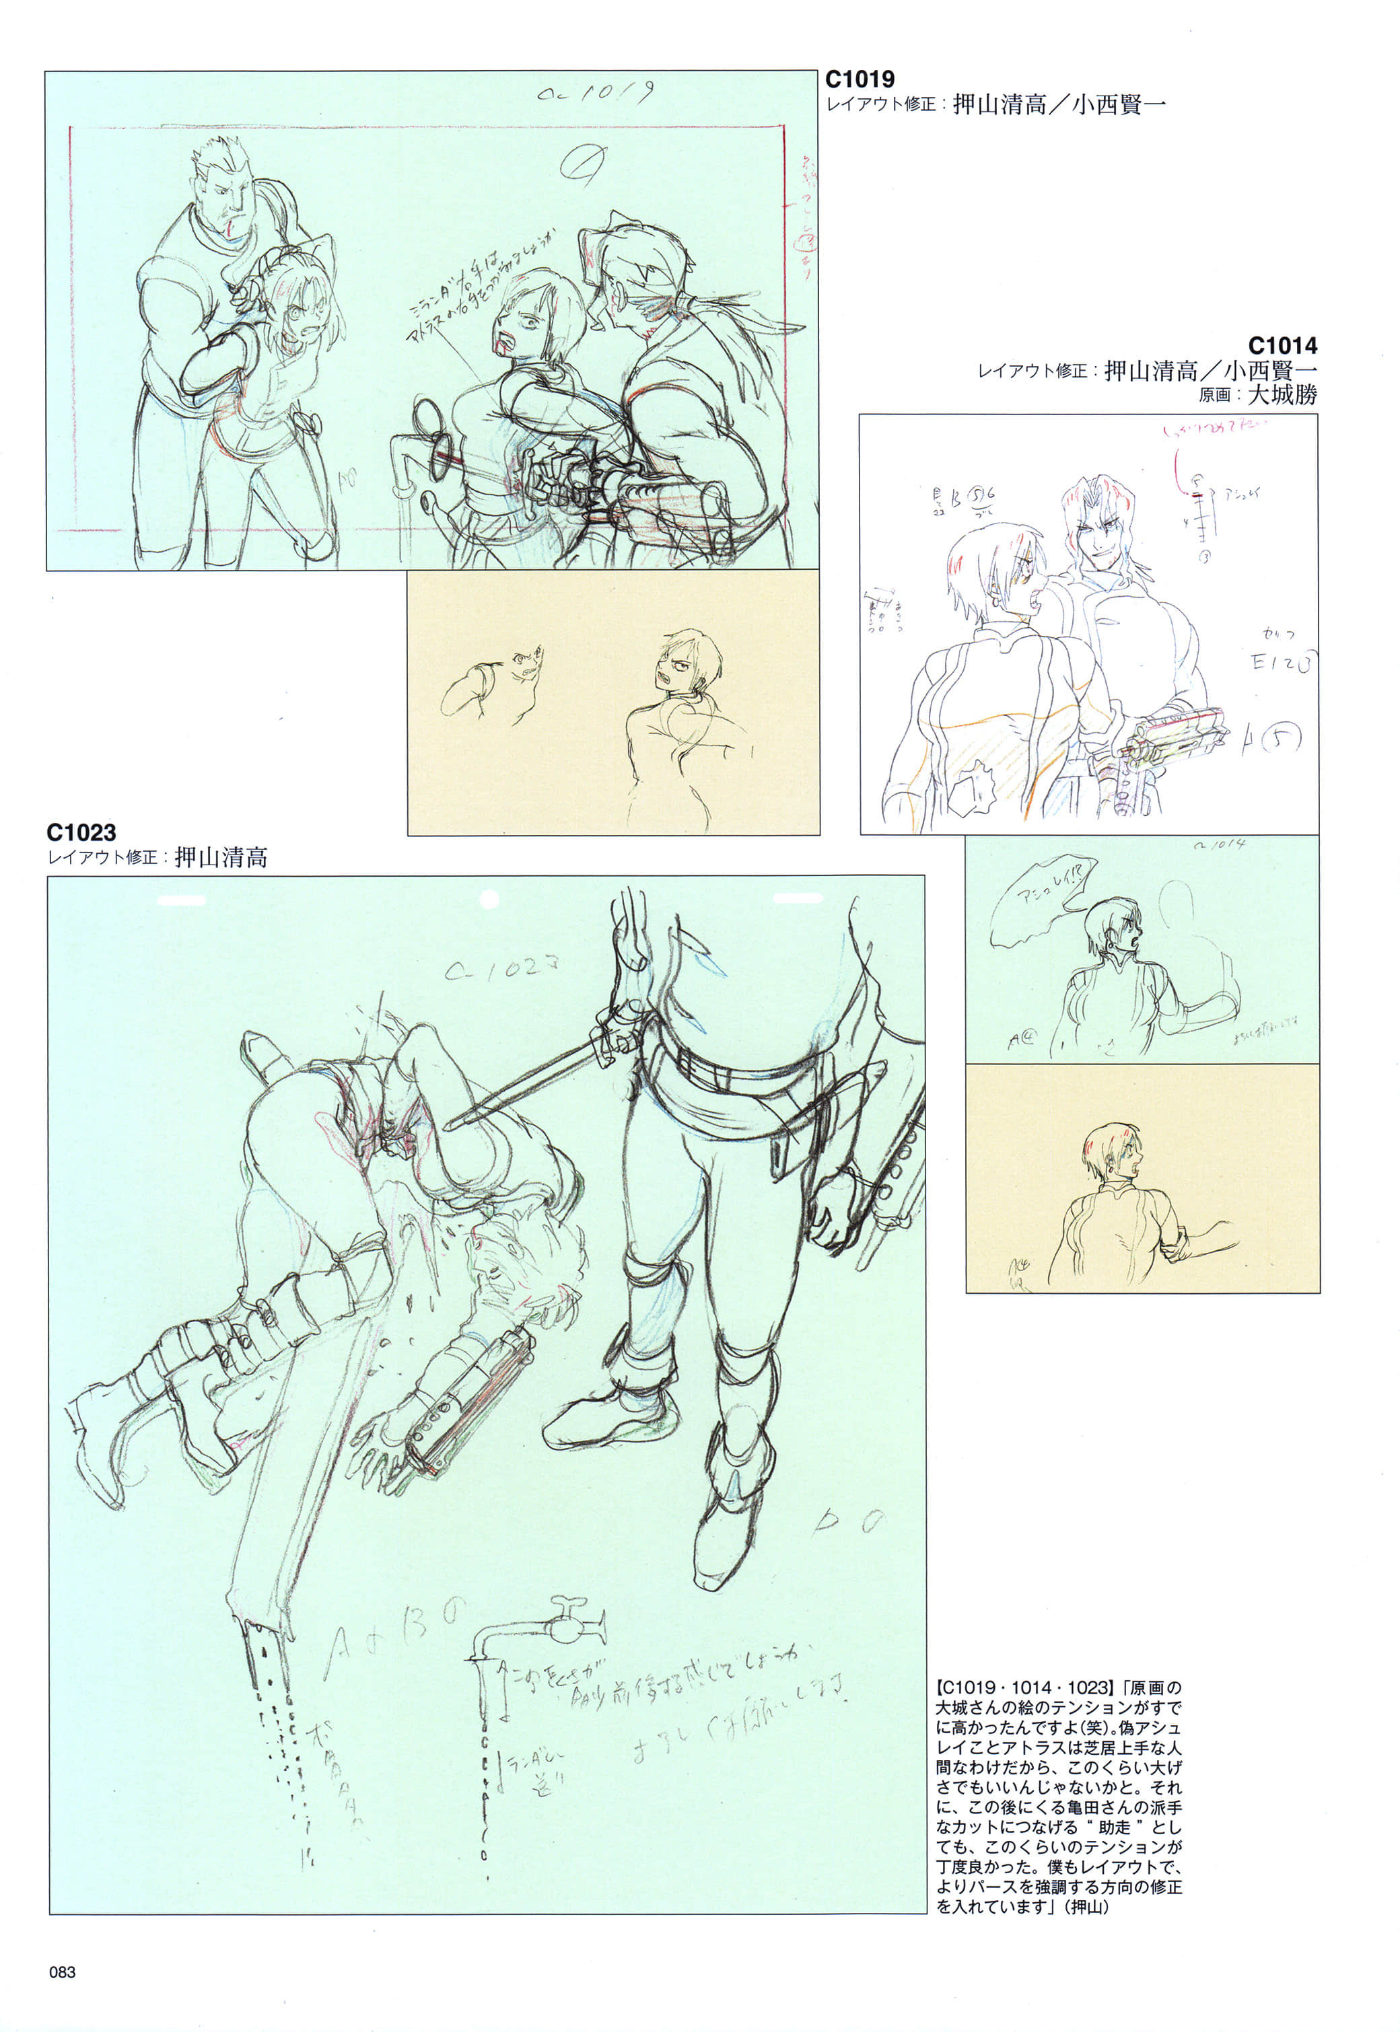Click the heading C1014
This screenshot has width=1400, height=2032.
coord(1282,346)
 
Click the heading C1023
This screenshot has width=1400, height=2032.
coord(81,832)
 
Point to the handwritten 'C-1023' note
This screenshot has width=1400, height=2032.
coord(501,968)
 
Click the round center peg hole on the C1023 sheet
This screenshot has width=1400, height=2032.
coord(489,899)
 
